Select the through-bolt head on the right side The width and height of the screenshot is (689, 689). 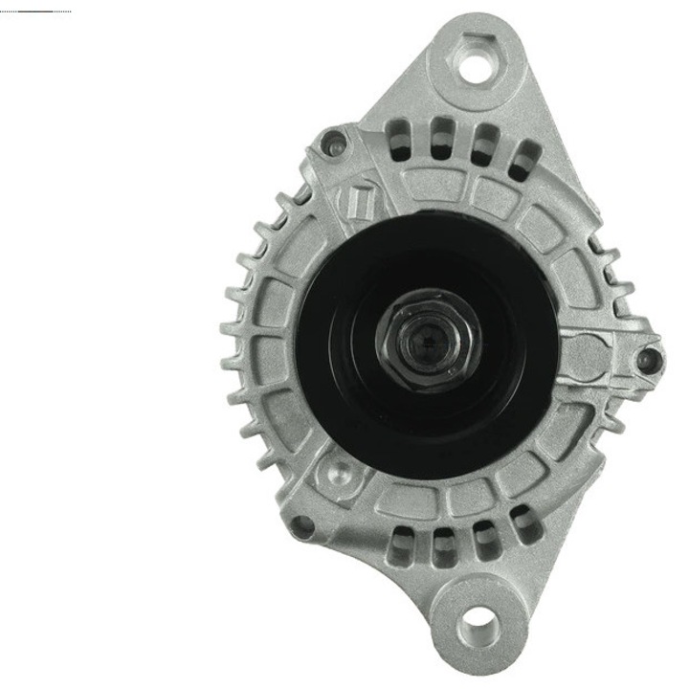pos(651,360)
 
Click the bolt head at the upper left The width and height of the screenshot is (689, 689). pos(334,144)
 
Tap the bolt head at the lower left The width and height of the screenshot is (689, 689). pos(302,524)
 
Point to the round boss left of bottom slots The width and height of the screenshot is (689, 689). pos(337,472)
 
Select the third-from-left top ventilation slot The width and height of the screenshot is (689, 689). pos(483,142)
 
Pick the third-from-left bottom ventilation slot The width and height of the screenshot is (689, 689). pos(483,540)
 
